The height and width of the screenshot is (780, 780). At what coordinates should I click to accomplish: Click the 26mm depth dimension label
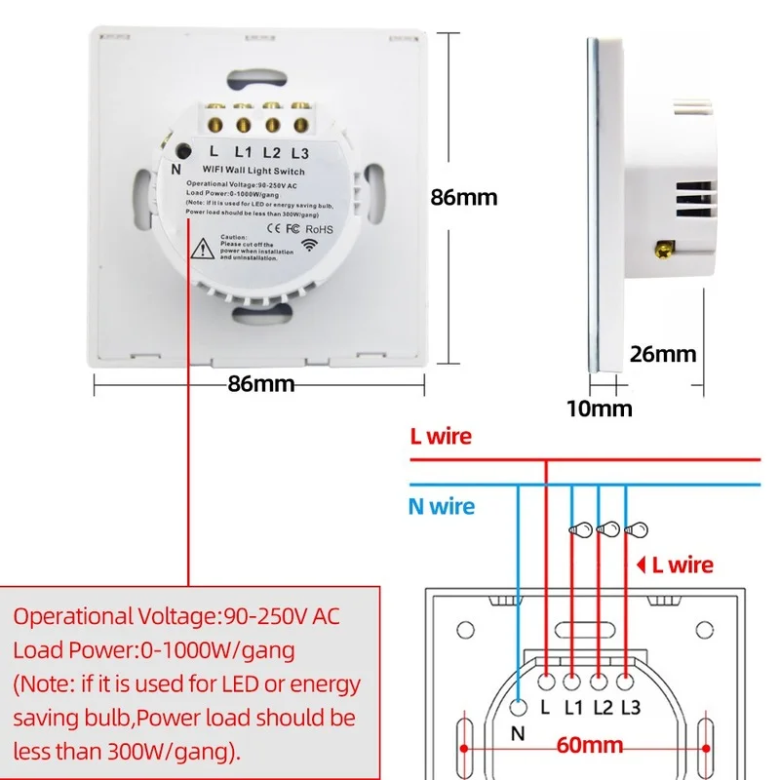[x=663, y=353]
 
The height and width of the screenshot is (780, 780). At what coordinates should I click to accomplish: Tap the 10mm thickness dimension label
[x=599, y=408]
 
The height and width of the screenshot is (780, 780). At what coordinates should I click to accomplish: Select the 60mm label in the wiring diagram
[x=590, y=746]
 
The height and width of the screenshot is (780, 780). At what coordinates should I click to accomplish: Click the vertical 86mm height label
[x=464, y=197]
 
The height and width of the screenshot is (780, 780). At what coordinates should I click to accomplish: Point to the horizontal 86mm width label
[x=260, y=383]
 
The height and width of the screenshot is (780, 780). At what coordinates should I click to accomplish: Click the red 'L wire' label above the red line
[x=441, y=436]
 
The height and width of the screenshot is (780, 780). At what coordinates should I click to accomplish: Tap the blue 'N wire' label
[x=442, y=506]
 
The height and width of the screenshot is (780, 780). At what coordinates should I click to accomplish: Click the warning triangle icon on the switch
[x=204, y=249]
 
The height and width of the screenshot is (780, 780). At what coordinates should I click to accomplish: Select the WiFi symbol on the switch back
[x=309, y=245]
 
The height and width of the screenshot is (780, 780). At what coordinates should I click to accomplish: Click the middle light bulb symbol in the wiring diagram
[x=607, y=529]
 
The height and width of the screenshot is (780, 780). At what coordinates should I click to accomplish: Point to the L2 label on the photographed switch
[x=272, y=152]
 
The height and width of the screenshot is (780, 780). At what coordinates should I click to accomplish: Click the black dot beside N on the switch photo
[x=183, y=149]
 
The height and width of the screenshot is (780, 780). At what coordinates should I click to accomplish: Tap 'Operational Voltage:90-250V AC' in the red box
[x=176, y=617]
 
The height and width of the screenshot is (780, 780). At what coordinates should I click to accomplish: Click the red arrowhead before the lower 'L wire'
[x=642, y=564]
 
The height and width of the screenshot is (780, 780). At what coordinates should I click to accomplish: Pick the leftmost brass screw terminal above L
[x=214, y=124]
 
